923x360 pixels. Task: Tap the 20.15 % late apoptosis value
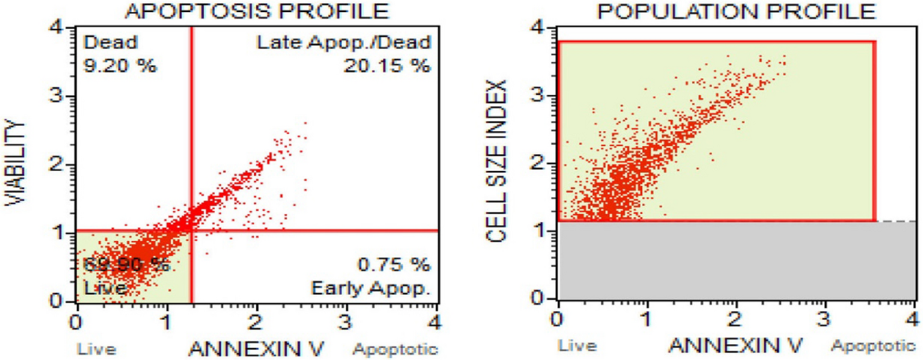pos(387,66)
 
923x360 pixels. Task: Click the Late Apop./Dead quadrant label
pos(344,43)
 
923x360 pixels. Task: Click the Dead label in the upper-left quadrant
pos(102,43)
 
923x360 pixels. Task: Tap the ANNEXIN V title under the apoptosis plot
pos(257,347)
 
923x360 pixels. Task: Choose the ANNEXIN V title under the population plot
pos(736,346)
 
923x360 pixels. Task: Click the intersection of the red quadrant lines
pos(191,230)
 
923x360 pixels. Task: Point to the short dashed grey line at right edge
pos(899,222)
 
